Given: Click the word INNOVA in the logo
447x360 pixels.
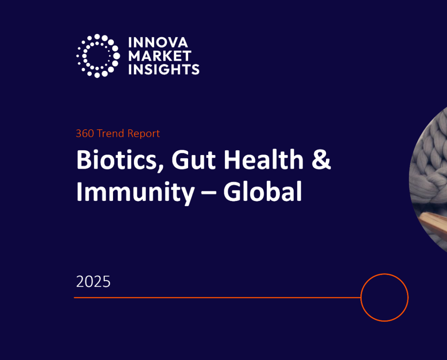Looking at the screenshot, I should [x=158, y=42].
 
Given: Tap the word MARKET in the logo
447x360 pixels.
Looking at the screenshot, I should [x=160, y=56].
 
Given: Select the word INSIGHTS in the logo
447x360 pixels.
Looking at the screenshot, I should [x=164, y=69].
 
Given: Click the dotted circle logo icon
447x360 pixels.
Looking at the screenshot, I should [x=98, y=56].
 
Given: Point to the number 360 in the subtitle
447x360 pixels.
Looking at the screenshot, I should [x=85, y=133].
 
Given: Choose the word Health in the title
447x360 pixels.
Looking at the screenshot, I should [x=261, y=160].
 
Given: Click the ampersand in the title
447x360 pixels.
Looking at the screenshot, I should [x=322, y=160].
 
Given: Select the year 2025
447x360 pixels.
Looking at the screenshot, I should [x=93, y=282].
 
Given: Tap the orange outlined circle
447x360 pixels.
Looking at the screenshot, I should [x=385, y=298].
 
